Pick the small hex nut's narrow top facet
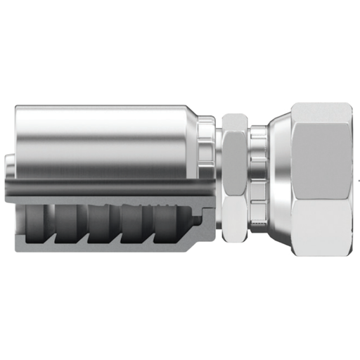(235, 122)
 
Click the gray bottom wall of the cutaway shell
(105, 246)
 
